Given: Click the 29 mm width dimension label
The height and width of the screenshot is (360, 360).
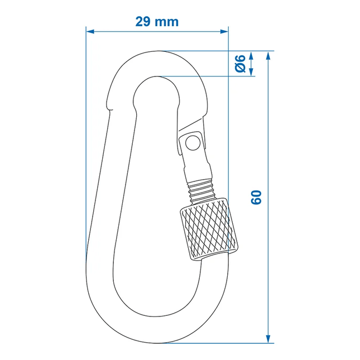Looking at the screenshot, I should (x=157, y=22).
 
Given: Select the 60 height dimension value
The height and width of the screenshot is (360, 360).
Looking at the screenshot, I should (x=256, y=197).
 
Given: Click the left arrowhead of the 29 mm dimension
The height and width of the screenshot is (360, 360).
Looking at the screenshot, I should (x=90, y=31).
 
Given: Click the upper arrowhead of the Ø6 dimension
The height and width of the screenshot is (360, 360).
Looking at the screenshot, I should (x=251, y=55).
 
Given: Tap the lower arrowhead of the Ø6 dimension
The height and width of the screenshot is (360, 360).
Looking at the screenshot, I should (x=251, y=72).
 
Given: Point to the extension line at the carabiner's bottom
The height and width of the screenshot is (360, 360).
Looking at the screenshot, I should (x=223, y=343).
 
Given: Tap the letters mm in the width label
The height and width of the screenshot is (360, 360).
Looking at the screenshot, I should (x=167, y=22).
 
